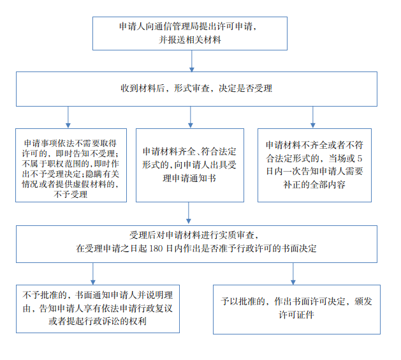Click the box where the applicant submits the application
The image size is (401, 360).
[190, 34]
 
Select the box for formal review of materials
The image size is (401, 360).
[196, 89]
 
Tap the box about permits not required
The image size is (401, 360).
[71, 165]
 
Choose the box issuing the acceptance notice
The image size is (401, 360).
[190, 165]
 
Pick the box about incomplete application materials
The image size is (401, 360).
[314, 165]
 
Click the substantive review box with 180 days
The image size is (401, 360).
[196, 244]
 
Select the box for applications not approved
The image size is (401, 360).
[98, 309]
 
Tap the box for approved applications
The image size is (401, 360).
[296, 310]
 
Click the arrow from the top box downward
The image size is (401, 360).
[191, 61]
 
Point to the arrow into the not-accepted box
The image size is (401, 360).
[68, 117]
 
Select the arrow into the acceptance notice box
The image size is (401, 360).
[190, 117]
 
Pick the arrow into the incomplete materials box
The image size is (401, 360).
[313, 117]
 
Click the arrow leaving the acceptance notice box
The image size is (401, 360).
[189, 213]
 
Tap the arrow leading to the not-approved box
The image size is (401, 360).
[93, 274]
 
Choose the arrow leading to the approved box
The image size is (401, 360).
[293, 274]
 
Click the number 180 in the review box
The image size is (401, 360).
[156, 249]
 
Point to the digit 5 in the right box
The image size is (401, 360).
[360, 158]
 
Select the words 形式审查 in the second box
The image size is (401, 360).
[192, 89]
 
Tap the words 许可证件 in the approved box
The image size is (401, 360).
[296, 315]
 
